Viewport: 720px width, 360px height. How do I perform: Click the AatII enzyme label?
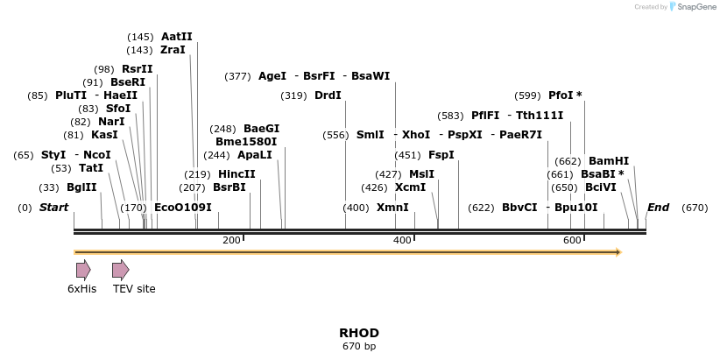click(x=176, y=37)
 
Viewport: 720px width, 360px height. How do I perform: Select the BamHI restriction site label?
click(x=608, y=161)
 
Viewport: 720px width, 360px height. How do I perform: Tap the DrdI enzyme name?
click(x=328, y=95)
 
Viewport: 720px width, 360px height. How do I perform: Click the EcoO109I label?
click(x=182, y=208)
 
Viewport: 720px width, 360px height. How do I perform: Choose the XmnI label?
click(x=392, y=208)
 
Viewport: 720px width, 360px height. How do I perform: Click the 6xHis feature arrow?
click(x=83, y=270)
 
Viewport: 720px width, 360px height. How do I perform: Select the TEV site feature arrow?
click(x=121, y=270)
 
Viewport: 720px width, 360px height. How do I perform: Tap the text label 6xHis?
click(x=82, y=288)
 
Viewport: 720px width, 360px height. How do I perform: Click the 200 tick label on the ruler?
click(x=231, y=241)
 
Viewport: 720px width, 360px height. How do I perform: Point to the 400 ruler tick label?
click(x=402, y=241)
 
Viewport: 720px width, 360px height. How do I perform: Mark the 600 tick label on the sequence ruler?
click(x=572, y=241)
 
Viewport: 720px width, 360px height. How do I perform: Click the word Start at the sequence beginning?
click(x=54, y=208)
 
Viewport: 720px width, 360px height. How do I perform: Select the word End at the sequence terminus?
click(x=658, y=208)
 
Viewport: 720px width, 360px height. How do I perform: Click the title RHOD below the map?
click(x=359, y=333)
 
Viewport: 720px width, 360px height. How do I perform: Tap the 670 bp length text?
click(x=359, y=346)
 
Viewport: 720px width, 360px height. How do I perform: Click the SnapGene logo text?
click(x=695, y=7)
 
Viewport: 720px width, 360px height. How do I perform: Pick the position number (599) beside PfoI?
click(x=528, y=95)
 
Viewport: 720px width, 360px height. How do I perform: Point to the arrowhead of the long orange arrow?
click(x=618, y=252)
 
